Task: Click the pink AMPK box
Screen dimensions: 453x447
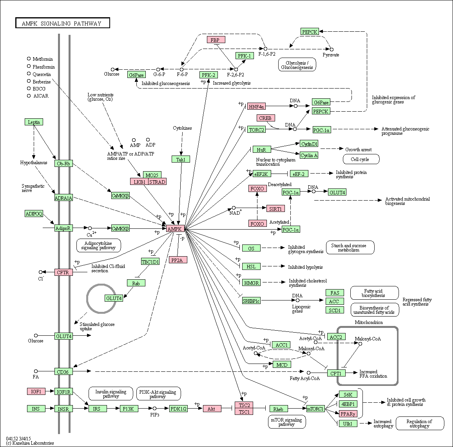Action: (175, 229)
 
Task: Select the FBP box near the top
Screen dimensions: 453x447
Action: (216, 40)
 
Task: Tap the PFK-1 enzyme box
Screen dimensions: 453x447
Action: (245, 56)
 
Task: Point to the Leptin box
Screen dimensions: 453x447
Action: (34, 122)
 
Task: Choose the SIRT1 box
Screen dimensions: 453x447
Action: (275, 208)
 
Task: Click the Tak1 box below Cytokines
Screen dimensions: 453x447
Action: (181, 159)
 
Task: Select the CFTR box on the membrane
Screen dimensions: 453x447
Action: (63, 272)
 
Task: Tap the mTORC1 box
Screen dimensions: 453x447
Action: (315, 409)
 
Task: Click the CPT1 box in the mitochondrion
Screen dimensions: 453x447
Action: (336, 373)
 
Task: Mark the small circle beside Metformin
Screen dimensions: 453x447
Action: (29, 59)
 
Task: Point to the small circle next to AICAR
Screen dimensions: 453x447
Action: (29, 96)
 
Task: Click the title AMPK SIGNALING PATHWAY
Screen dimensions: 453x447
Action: (62, 24)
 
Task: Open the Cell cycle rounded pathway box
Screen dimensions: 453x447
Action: (361, 159)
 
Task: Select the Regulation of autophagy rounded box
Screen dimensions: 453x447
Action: (420, 423)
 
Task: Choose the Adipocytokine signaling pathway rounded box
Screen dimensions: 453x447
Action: (98, 246)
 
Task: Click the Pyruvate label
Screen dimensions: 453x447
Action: (331, 55)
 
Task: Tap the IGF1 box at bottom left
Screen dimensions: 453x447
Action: (36, 391)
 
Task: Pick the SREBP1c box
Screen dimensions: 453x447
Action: (251, 301)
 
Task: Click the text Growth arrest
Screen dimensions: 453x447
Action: (359, 149)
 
